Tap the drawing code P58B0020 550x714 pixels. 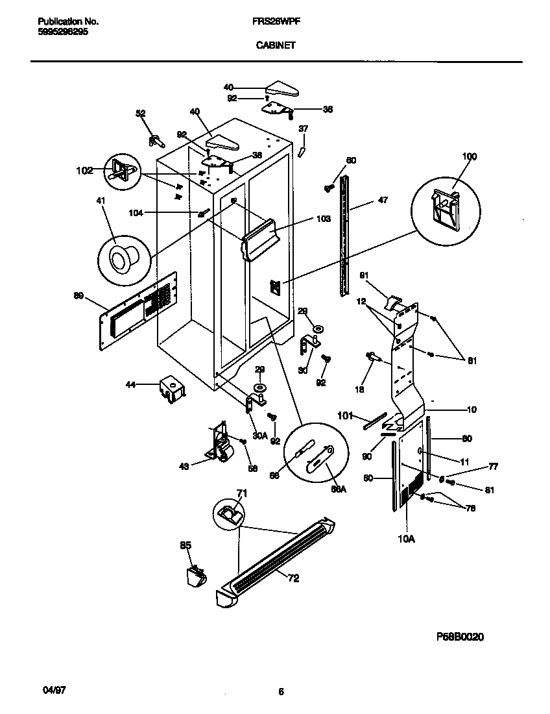click(x=457, y=637)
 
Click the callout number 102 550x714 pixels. click(x=84, y=171)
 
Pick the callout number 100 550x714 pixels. click(x=469, y=156)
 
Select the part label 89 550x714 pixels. click(x=79, y=296)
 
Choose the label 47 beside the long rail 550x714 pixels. click(x=383, y=201)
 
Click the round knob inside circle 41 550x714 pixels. click(x=120, y=260)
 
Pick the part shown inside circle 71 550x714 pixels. click(x=230, y=515)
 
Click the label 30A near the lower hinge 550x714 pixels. click(x=259, y=436)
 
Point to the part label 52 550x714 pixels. click(x=141, y=114)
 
